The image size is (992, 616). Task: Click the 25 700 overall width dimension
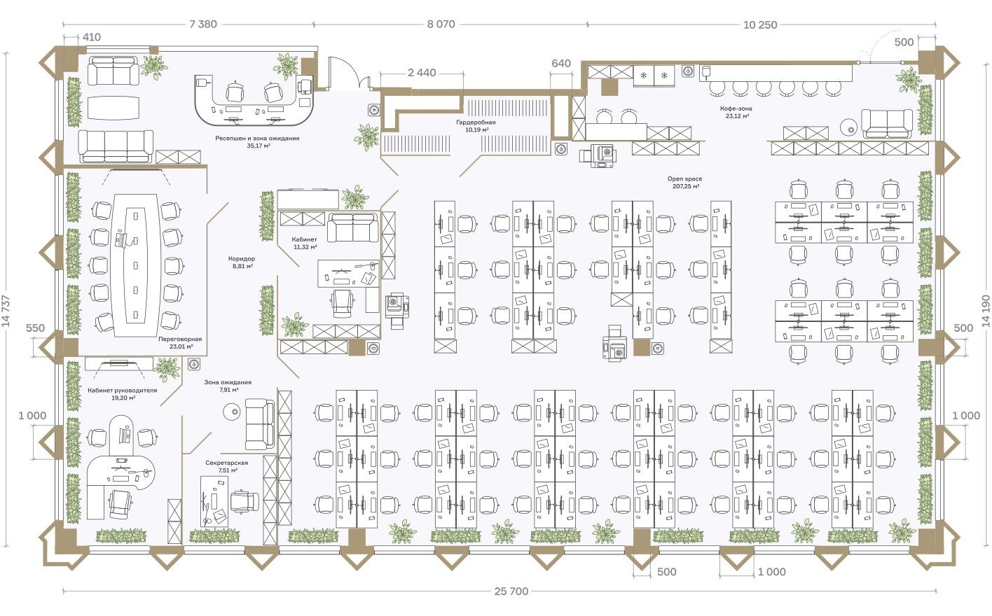(511, 591)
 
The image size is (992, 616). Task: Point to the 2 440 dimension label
(422, 73)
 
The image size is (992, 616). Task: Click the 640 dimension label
(561, 63)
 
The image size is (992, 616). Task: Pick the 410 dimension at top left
(92, 38)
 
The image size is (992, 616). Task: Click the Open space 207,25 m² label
(684, 183)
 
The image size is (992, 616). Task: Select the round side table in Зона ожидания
(230, 411)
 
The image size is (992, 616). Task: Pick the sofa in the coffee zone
(886, 123)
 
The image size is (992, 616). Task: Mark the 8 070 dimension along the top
(441, 24)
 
